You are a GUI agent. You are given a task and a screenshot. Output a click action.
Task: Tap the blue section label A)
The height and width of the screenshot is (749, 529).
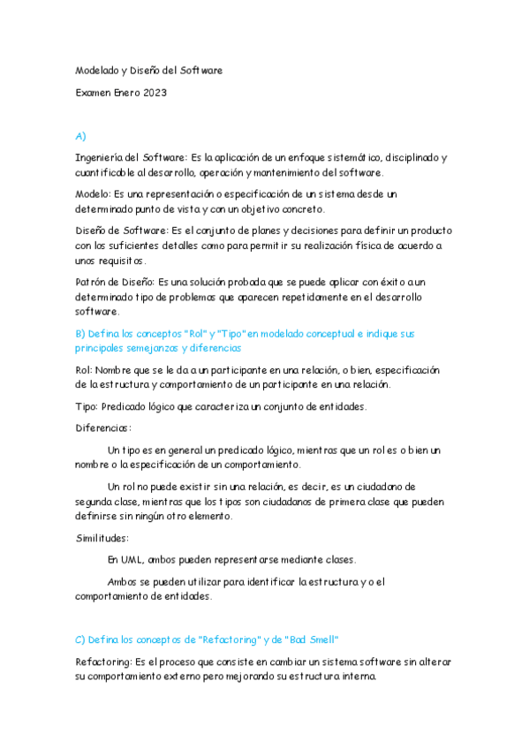pyautogui.click(x=80, y=136)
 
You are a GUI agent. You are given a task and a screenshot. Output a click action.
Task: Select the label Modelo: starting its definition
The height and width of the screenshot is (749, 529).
pyautogui.click(x=92, y=193)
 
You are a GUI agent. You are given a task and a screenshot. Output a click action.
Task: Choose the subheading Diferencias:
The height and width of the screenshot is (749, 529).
pyautogui.click(x=103, y=427)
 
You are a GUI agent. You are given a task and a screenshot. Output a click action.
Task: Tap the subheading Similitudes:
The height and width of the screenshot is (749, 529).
pyautogui.click(x=102, y=537)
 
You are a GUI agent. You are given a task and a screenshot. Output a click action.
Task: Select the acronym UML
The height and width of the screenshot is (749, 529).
pyautogui.click(x=132, y=559)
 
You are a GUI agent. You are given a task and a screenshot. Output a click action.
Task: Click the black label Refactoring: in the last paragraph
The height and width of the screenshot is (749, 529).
pyautogui.click(x=103, y=661)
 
